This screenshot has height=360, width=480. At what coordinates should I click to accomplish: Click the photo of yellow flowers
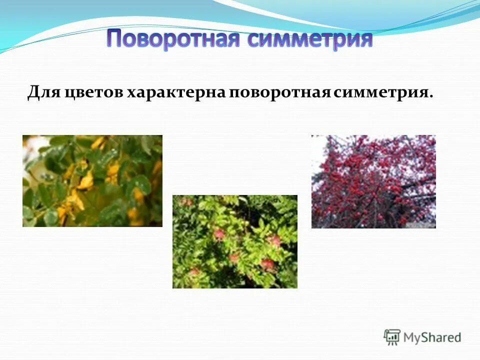[92, 180]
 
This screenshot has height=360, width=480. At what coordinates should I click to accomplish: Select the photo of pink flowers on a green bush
[234, 241]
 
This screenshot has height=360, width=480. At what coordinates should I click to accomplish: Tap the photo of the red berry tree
[373, 181]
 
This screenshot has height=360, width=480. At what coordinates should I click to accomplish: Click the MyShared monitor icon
[392, 337]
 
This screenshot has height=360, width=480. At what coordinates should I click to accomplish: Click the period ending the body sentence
[431, 96]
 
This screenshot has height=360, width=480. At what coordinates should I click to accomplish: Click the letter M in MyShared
[409, 337]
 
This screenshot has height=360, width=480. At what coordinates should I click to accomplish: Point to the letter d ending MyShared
[457, 337]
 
